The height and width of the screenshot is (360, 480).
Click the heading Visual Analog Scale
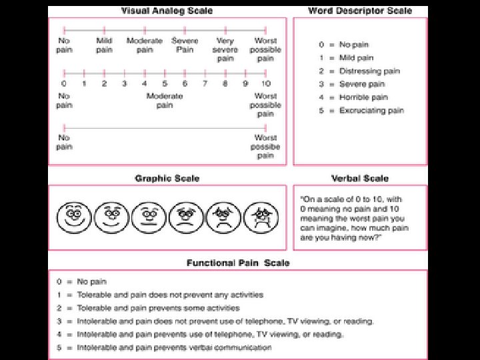pyautogui.click(x=167, y=11)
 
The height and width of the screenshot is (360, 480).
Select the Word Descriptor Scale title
pyautogui.click(x=360, y=11)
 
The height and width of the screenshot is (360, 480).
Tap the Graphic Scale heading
pyautogui.click(x=167, y=179)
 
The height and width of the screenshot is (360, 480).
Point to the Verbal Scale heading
pyautogui.click(x=360, y=179)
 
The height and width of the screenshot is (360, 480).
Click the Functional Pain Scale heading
pyautogui.click(x=238, y=263)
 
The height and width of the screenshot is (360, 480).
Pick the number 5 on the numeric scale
pyautogui.click(x=165, y=84)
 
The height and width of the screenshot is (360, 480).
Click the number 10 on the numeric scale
pyautogui.click(x=265, y=84)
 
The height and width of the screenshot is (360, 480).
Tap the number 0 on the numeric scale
pyautogui.click(x=64, y=84)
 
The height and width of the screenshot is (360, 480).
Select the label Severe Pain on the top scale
pyautogui.click(x=185, y=45)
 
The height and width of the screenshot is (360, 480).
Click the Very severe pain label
pyautogui.click(x=225, y=50)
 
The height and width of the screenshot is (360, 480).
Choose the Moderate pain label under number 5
pyautogui.click(x=165, y=101)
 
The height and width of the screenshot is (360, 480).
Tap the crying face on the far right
pyautogui.click(x=256, y=215)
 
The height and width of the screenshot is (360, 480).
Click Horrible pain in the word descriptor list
pyautogui.click(x=363, y=97)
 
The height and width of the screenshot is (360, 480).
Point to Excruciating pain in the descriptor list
pyautogui.click(x=371, y=111)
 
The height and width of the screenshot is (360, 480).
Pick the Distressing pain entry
pyautogui.click(x=369, y=71)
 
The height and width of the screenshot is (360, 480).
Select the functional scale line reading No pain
pyautogui.click(x=92, y=282)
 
